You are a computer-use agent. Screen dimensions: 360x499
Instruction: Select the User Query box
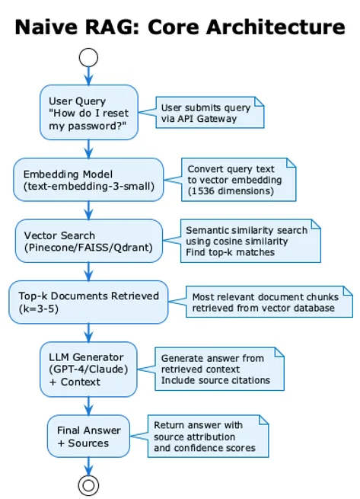pyautogui.click(x=89, y=112)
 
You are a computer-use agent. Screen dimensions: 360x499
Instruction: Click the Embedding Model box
pyautogui.click(x=88, y=180)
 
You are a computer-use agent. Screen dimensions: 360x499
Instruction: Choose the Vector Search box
pyautogui.click(x=89, y=241)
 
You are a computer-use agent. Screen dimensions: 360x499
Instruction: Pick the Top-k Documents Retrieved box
pyautogui.click(x=88, y=302)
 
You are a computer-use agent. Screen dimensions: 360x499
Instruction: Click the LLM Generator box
pyautogui.click(x=88, y=369)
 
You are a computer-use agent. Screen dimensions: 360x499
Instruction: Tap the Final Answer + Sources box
pyautogui.click(x=88, y=437)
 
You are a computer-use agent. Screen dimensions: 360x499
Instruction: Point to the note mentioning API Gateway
pyautogui.click(x=210, y=112)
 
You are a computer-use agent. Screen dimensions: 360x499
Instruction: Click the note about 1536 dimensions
pyautogui.click(x=238, y=180)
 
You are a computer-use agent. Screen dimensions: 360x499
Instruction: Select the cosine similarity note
pyautogui.click(x=250, y=241)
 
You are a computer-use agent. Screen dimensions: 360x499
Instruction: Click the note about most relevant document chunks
pyautogui.click(x=269, y=302)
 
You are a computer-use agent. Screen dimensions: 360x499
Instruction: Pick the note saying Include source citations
pyautogui.click(x=219, y=369)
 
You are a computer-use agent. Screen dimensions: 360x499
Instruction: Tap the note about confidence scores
pyautogui.click(x=208, y=437)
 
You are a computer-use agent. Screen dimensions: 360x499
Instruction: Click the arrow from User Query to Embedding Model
pyautogui.click(x=89, y=149)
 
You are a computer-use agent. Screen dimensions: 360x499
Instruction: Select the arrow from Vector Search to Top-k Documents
pyautogui.click(x=89, y=271)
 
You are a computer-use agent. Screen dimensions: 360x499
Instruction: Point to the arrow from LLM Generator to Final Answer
pyautogui.click(x=89, y=406)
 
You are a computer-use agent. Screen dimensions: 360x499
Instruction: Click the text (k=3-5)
pyautogui.click(x=39, y=309)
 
